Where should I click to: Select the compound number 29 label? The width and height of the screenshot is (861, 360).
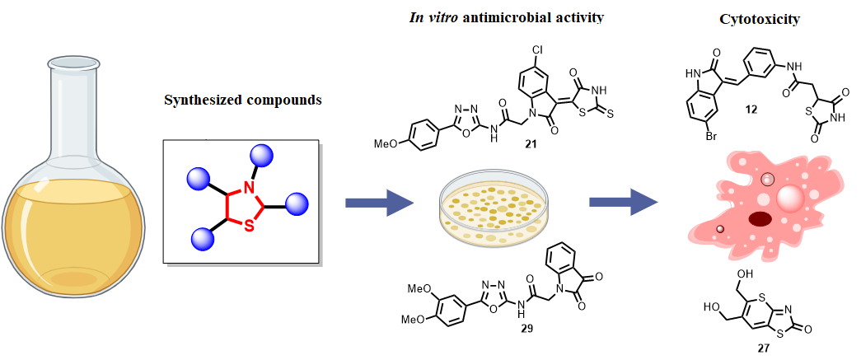526,329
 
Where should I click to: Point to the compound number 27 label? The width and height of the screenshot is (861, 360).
763,348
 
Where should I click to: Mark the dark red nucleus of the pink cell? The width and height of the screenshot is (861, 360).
760,218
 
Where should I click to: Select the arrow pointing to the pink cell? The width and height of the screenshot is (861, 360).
622,202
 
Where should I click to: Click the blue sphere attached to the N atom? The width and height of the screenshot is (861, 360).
262,155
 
